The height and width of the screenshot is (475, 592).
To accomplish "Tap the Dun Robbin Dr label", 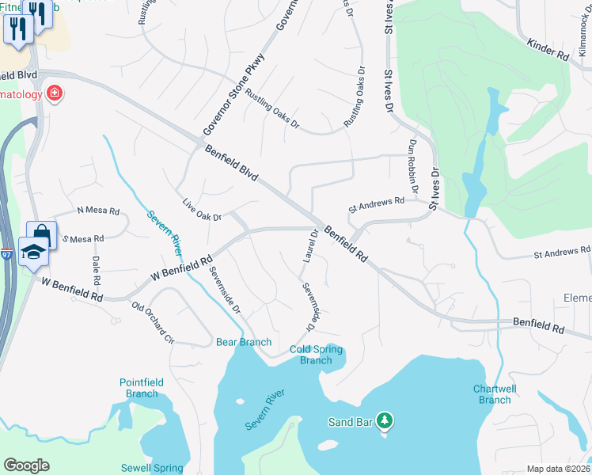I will point(412,167).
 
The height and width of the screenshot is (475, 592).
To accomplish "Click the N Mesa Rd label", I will point(97,211).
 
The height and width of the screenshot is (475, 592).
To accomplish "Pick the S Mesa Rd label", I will point(83,238).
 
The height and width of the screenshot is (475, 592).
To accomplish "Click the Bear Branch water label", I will point(244,342).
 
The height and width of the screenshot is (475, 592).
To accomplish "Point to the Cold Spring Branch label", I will point(316,355).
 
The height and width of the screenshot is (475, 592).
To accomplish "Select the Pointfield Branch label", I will point(142,388).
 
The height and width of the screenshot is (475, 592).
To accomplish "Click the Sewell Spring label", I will point(152,468).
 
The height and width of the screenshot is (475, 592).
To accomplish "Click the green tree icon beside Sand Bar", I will point(385,420).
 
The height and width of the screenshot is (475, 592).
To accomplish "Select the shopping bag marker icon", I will point(40,234).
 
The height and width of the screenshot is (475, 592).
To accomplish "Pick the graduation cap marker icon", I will point(33,253).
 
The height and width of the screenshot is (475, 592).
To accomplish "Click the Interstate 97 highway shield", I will point(7,254).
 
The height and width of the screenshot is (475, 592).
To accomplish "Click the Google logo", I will point(26,465).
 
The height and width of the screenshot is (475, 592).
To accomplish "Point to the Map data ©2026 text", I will point(558,469).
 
